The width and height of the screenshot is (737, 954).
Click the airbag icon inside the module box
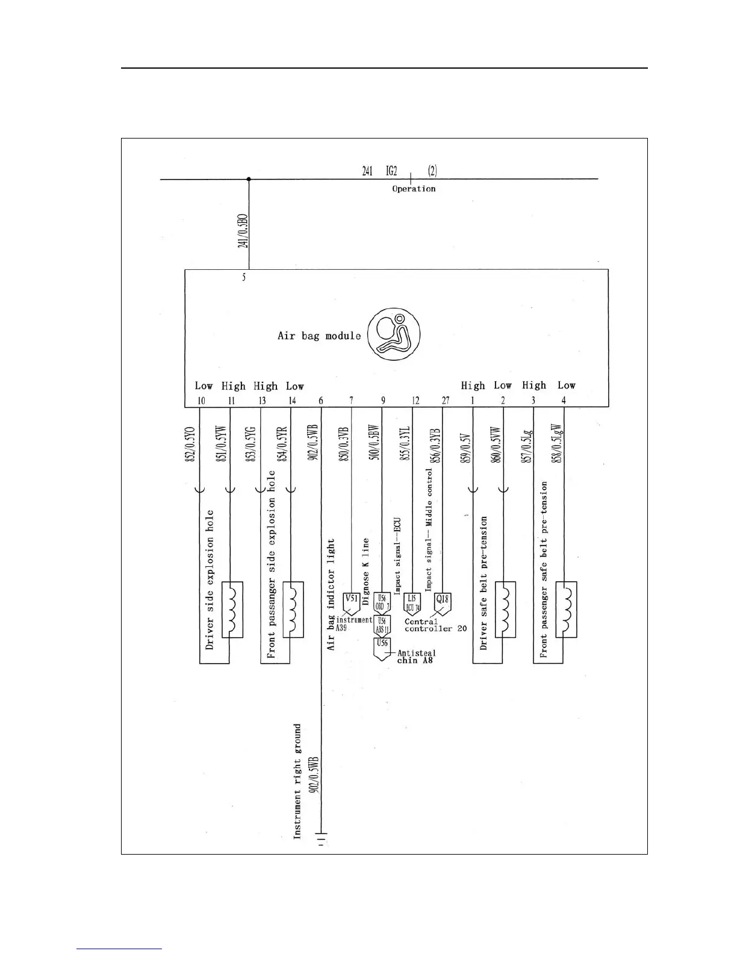click(x=394, y=335)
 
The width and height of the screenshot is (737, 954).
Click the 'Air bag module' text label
click(x=319, y=335)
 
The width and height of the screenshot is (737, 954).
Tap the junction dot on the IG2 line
click(x=249, y=179)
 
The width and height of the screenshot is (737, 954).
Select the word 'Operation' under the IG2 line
click(x=414, y=189)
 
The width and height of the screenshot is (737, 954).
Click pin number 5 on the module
click(x=244, y=278)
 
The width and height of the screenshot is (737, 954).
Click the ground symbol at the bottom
click(x=322, y=838)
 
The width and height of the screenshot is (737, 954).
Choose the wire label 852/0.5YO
click(x=190, y=444)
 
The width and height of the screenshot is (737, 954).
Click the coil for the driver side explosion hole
click(x=232, y=609)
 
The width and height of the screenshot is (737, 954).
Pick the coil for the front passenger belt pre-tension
click(x=566, y=609)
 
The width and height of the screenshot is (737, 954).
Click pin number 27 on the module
click(x=445, y=401)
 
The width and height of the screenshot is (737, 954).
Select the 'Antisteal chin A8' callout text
click(x=416, y=656)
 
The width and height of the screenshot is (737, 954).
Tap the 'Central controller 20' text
click(x=435, y=625)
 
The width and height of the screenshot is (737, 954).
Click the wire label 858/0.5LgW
click(x=558, y=444)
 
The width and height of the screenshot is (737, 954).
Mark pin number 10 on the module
click(x=201, y=401)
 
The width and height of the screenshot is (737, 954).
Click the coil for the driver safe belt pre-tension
click(x=505, y=609)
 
